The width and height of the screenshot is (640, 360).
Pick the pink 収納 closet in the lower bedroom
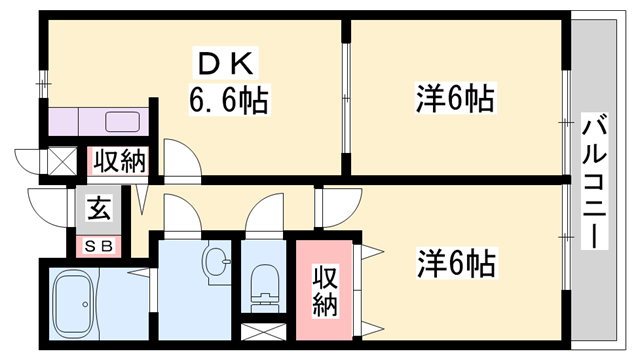point(324,289)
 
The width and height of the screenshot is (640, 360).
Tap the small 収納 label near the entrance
point(121,160)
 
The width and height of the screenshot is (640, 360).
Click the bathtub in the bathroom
point(85,304)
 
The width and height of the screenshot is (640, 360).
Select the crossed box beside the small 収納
point(62,161)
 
